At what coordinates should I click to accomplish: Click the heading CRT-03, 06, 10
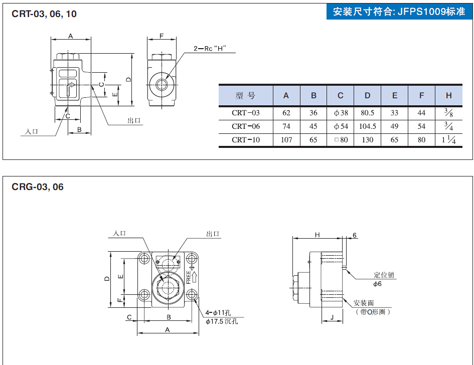click(44, 14)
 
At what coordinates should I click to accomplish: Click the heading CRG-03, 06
click(38, 188)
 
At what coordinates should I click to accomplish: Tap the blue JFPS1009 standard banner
click(399, 12)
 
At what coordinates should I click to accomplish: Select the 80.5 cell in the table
click(368, 113)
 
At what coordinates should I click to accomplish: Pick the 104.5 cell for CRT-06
click(368, 126)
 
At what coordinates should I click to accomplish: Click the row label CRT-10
click(246, 140)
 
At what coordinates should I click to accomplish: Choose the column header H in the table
click(448, 96)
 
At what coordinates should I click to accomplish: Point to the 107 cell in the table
click(286, 140)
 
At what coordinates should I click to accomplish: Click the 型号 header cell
click(246, 96)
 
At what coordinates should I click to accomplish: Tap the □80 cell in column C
click(341, 140)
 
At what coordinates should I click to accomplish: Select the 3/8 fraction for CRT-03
click(448, 113)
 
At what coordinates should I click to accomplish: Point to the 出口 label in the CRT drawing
click(134, 121)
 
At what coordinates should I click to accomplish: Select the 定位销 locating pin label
click(384, 275)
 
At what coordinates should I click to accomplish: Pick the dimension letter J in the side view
click(332, 317)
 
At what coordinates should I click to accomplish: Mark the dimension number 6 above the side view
click(355, 235)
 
